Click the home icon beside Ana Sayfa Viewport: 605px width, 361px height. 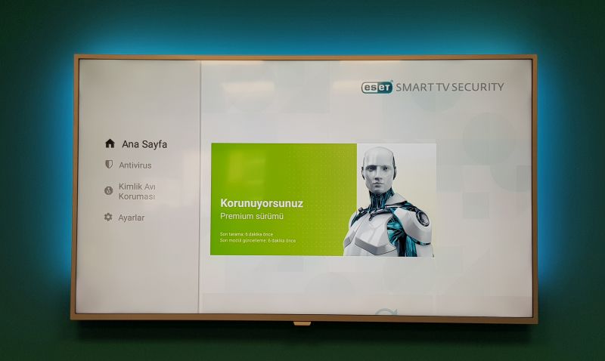click(110, 143)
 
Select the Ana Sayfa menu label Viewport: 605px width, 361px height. click(144, 143)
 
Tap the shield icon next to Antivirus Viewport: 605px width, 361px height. click(109, 165)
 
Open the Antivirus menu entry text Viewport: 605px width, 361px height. click(135, 165)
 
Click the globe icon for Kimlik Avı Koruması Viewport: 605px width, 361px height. click(108, 191)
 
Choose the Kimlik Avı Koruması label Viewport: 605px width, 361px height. click(137, 191)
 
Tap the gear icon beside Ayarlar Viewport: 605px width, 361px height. click(108, 218)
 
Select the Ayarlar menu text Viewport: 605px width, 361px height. click(132, 218)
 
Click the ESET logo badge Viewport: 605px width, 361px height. click(377, 87)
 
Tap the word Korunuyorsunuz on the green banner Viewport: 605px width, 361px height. click(261, 203)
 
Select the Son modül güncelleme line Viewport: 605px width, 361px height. click(258, 241)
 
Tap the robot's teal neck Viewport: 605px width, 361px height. click(380, 203)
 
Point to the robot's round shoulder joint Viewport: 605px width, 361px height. click(418, 219)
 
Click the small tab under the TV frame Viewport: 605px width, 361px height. click(302, 323)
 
